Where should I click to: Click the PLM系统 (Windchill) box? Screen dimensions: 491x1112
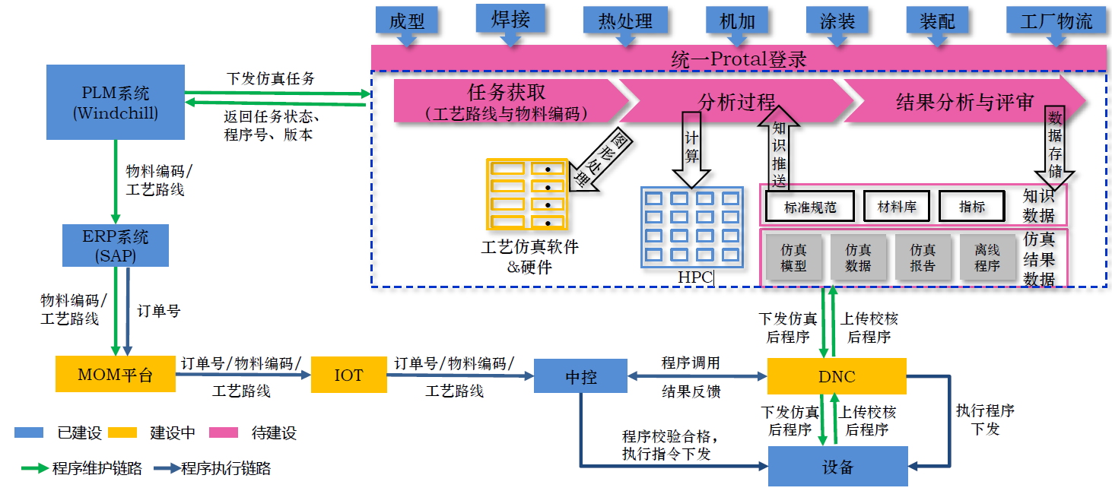tap(115, 103)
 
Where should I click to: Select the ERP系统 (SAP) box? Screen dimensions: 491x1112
tap(115, 245)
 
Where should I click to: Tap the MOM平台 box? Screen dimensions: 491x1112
tap(115, 375)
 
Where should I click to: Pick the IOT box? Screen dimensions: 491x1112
tap(348, 375)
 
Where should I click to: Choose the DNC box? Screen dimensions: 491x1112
tap(837, 376)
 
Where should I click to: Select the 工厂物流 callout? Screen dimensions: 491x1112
tap(1056, 21)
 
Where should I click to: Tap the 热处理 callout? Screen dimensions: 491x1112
tap(627, 21)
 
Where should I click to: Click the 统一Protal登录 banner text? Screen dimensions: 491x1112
tap(739, 59)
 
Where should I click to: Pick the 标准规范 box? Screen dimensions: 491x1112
tap(809, 206)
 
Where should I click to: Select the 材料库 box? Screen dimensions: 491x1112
tap(897, 206)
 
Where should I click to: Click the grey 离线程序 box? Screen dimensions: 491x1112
tap(987, 257)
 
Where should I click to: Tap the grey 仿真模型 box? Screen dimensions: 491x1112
tap(793, 257)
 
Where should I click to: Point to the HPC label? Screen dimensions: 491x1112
tap(695, 277)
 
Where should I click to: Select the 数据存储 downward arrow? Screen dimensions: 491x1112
tap(1054, 144)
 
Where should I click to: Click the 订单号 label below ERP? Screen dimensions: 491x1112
tap(158, 311)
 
